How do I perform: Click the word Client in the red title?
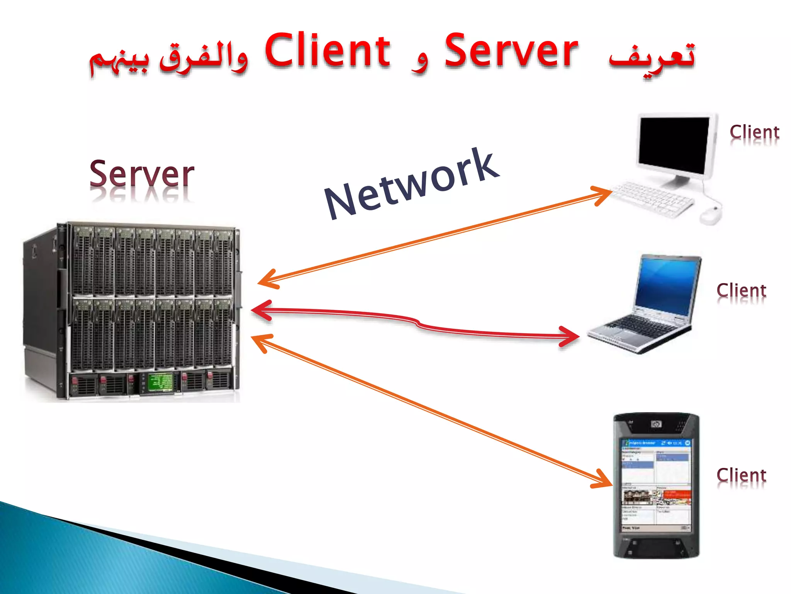(x=328, y=51)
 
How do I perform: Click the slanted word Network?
(x=412, y=184)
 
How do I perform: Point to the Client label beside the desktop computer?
(x=754, y=132)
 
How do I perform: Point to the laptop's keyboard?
(x=643, y=325)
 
